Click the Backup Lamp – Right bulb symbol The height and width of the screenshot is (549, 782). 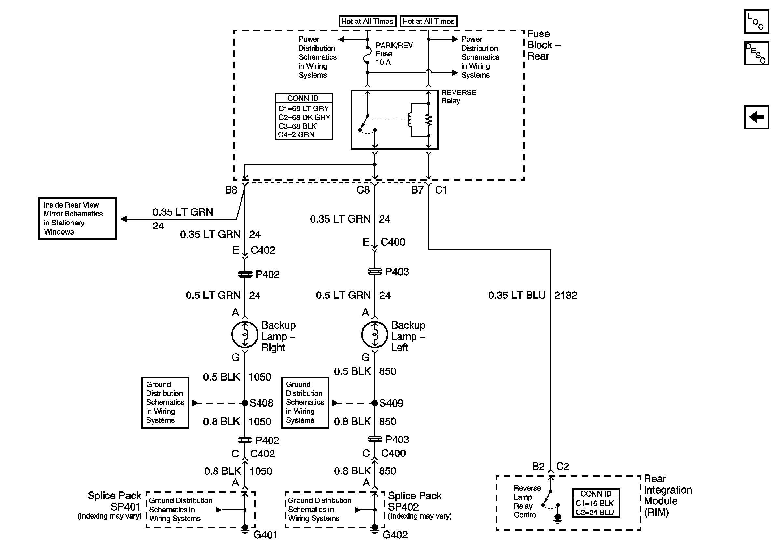point(244,334)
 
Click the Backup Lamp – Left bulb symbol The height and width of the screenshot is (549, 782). point(374,334)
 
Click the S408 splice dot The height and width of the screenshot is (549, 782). point(244,403)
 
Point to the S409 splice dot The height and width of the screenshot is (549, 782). point(374,403)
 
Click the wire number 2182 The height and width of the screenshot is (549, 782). point(566,295)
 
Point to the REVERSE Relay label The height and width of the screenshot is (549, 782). point(459,96)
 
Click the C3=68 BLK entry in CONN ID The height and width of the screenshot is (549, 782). point(297,126)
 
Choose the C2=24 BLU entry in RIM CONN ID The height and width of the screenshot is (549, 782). point(595,512)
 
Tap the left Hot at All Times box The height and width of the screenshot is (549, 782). point(367,21)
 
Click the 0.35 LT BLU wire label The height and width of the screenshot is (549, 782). point(517,295)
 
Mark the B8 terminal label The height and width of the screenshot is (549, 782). point(231,190)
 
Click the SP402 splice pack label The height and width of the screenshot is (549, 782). point(403,507)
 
